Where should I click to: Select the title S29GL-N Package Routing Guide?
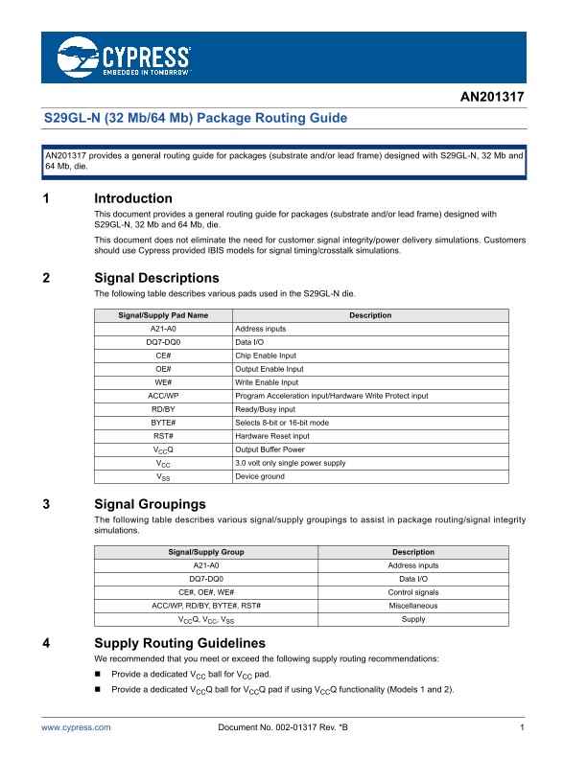(196, 119)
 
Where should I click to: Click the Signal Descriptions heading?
(162, 278)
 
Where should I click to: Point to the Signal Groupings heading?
(157, 504)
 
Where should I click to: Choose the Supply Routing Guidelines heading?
(179, 642)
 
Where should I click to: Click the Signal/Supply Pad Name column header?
(163, 315)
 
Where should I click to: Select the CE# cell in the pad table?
(163, 356)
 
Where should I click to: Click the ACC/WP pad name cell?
(163, 396)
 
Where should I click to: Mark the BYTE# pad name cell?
(163, 423)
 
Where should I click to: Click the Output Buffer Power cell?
(270, 449)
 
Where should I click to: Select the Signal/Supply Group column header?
(206, 552)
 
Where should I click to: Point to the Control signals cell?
(413, 592)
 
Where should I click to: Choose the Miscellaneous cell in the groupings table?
(413, 606)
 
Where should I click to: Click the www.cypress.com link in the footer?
(76, 729)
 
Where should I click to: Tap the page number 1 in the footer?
(519, 729)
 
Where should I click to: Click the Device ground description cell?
(260, 476)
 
